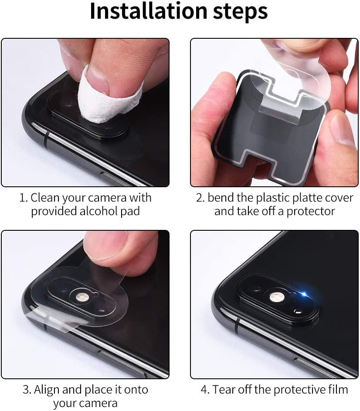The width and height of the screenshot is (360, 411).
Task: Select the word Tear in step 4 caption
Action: point(224,389)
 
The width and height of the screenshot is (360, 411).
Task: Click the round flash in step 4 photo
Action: point(275,297)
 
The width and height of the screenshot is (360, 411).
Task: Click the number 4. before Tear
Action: point(205,389)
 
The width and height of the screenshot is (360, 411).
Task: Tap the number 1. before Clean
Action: point(23,198)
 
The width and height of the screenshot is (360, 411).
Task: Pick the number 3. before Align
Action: point(27,389)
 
